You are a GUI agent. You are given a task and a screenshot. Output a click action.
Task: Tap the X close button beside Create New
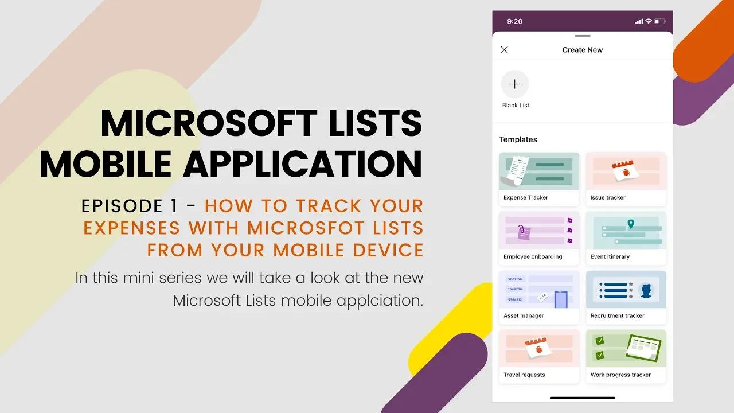[x=505, y=50]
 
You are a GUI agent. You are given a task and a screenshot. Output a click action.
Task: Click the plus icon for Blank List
[x=515, y=84]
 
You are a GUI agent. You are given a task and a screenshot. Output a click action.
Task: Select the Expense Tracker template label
[x=526, y=197]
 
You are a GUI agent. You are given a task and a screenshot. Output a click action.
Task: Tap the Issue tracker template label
[x=608, y=197]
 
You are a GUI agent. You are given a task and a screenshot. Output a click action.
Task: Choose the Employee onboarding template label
[x=533, y=256]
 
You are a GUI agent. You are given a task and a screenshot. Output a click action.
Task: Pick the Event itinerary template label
[x=610, y=256]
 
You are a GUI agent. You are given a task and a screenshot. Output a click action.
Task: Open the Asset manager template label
[x=524, y=315]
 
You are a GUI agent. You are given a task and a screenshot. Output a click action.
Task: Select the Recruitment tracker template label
[x=618, y=315]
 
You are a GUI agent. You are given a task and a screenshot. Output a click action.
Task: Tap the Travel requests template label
[x=524, y=375]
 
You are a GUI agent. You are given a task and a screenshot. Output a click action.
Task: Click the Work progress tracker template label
[x=620, y=375]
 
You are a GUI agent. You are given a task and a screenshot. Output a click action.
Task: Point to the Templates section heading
[x=518, y=139]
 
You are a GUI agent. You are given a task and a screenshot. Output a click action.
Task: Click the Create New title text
[x=582, y=50]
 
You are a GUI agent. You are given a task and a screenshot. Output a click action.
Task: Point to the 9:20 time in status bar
[x=515, y=21]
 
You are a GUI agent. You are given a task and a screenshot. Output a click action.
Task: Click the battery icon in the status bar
[x=659, y=21]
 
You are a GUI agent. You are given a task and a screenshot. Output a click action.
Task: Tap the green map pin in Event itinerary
[x=631, y=224]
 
